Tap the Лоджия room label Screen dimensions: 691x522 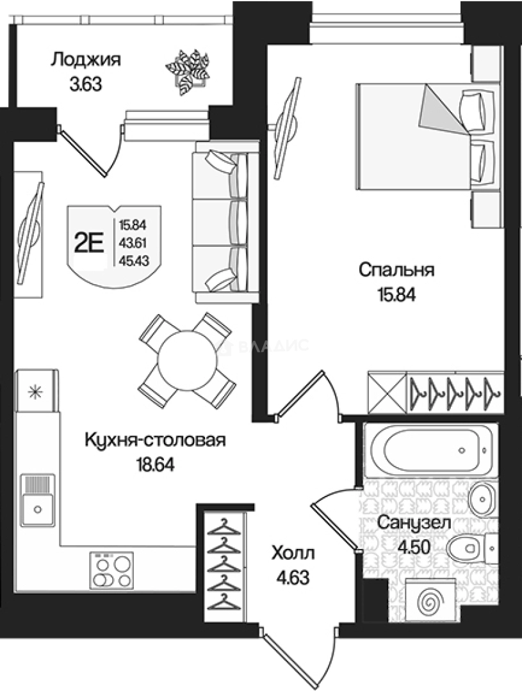(86, 61)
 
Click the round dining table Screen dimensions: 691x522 (184, 360)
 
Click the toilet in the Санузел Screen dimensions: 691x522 (466, 548)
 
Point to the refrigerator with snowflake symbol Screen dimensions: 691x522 (37, 391)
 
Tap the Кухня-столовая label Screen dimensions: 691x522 (156, 441)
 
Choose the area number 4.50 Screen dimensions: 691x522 (414, 548)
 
